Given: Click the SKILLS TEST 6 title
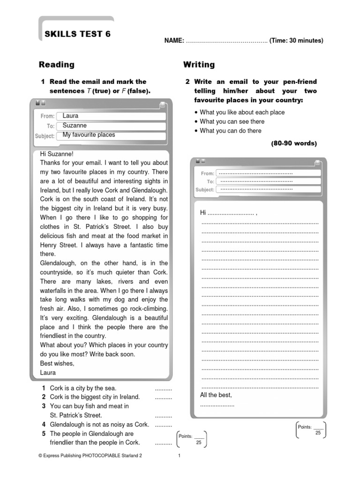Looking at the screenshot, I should (77, 34).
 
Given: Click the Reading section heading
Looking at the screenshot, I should (56, 65).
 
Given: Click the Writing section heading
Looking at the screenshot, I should (199, 65).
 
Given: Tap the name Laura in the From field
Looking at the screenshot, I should (70, 116).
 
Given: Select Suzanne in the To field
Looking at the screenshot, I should (75, 126).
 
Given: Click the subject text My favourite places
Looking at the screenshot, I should (89, 135).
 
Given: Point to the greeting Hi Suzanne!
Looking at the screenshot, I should (57, 154).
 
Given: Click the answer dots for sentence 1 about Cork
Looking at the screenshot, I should (163, 389).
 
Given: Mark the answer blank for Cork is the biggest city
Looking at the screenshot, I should (163, 397).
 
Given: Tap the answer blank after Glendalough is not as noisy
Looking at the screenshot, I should (163, 425).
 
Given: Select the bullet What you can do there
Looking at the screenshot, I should (231, 131).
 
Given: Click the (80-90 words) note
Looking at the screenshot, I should (294, 143).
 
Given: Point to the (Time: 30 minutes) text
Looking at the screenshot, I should (296, 41).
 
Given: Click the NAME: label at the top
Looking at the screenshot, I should (173, 41).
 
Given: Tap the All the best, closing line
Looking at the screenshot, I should (216, 395).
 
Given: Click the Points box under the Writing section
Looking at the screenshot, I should (311, 430).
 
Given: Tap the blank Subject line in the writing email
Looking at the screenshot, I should (256, 190).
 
